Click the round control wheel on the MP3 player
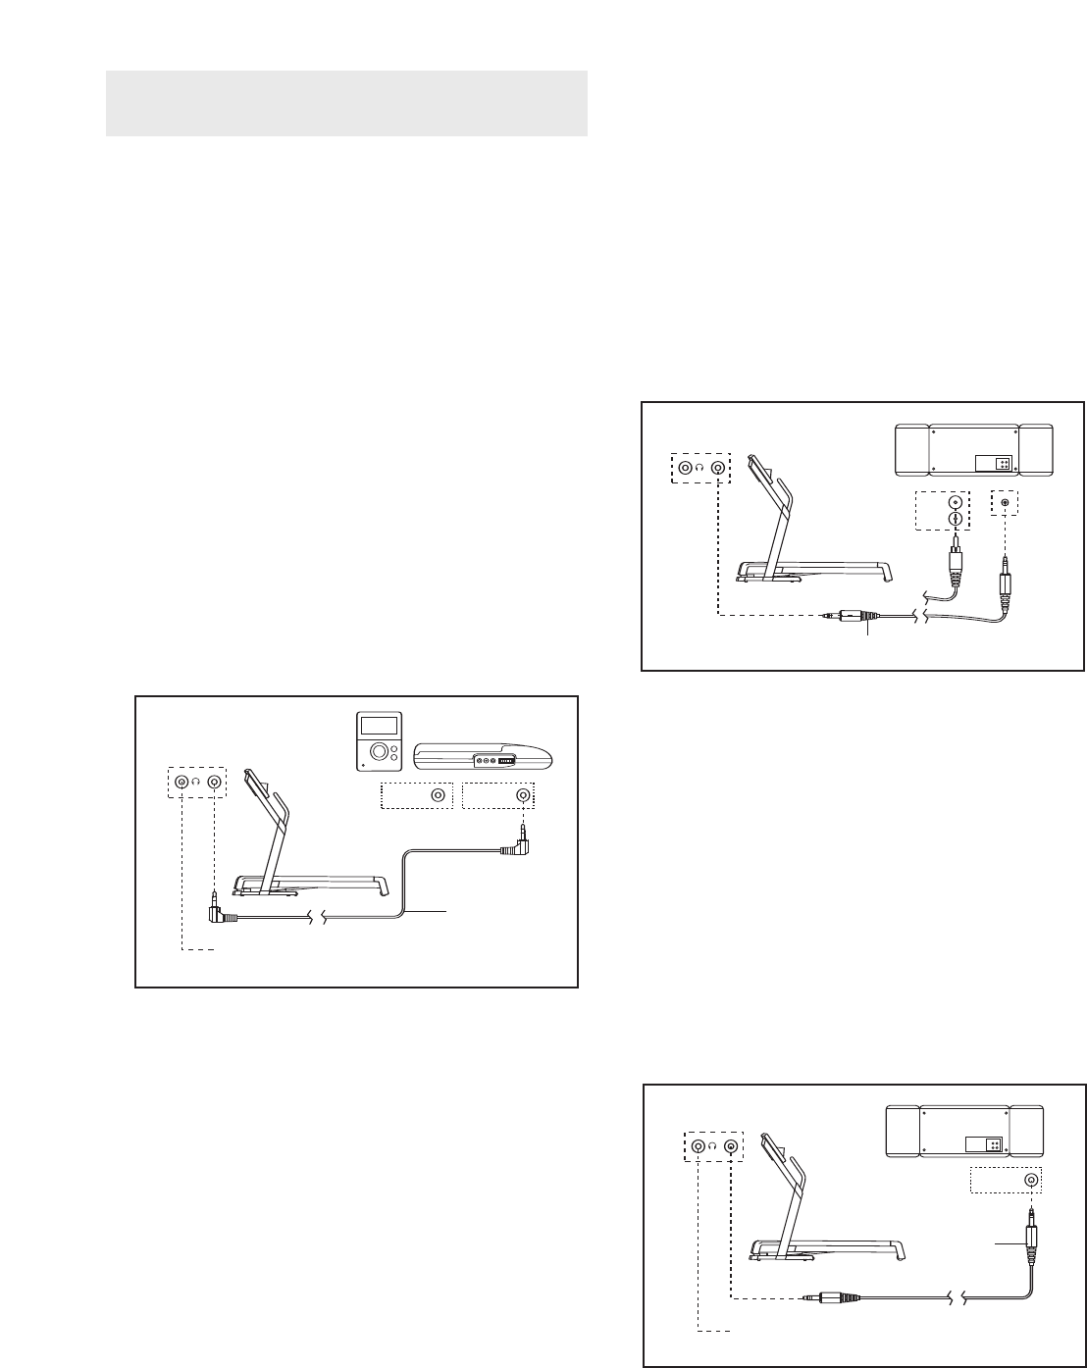377,753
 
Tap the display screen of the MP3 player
378,727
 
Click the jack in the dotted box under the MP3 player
438,795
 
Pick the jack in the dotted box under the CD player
524,795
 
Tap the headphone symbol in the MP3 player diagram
197,782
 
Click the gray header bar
345,103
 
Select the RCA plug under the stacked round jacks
953,560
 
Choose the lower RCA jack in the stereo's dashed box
952,520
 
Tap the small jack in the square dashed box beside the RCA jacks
1004,503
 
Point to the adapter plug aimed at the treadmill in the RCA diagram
846,616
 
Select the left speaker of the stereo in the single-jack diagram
902,1130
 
